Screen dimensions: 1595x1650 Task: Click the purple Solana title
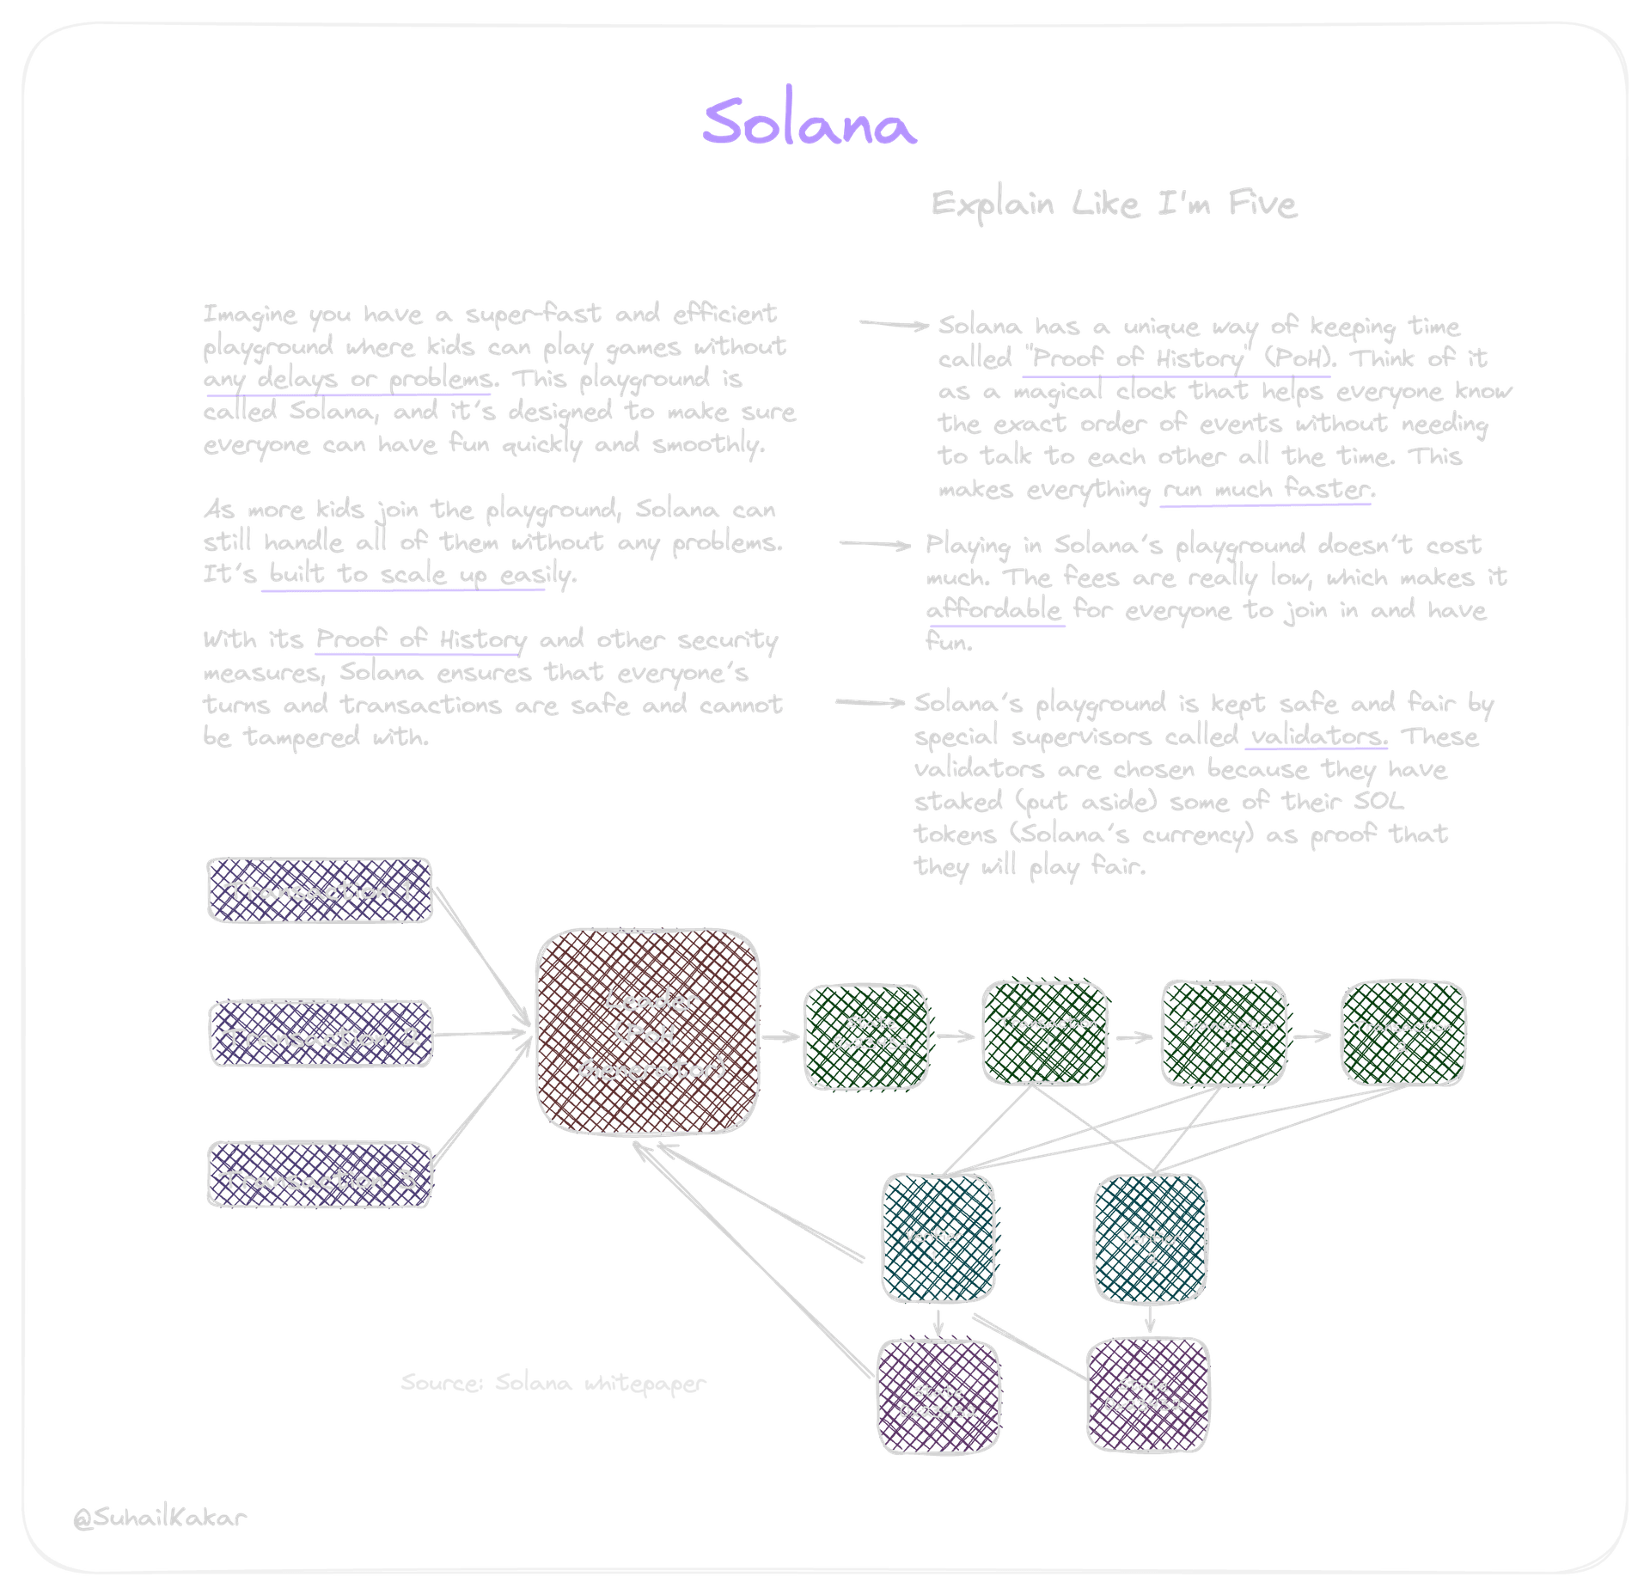coord(808,123)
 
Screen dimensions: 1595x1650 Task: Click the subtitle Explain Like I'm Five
coord(1114,205)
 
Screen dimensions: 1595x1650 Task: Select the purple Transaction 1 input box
coord(320,890)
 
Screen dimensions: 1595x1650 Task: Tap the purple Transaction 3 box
coord(320,1179)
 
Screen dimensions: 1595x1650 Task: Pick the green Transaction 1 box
coord(1046,1034)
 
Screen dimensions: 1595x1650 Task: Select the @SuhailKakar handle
coord(160,1517)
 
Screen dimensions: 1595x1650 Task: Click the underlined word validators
coord(1316,737)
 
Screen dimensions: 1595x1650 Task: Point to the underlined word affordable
coord(994,610)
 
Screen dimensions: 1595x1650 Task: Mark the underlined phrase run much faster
coord(1266,490)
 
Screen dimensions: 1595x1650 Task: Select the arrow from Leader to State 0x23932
coord(780,1037)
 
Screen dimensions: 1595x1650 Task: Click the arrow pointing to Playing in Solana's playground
coord(876,544)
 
